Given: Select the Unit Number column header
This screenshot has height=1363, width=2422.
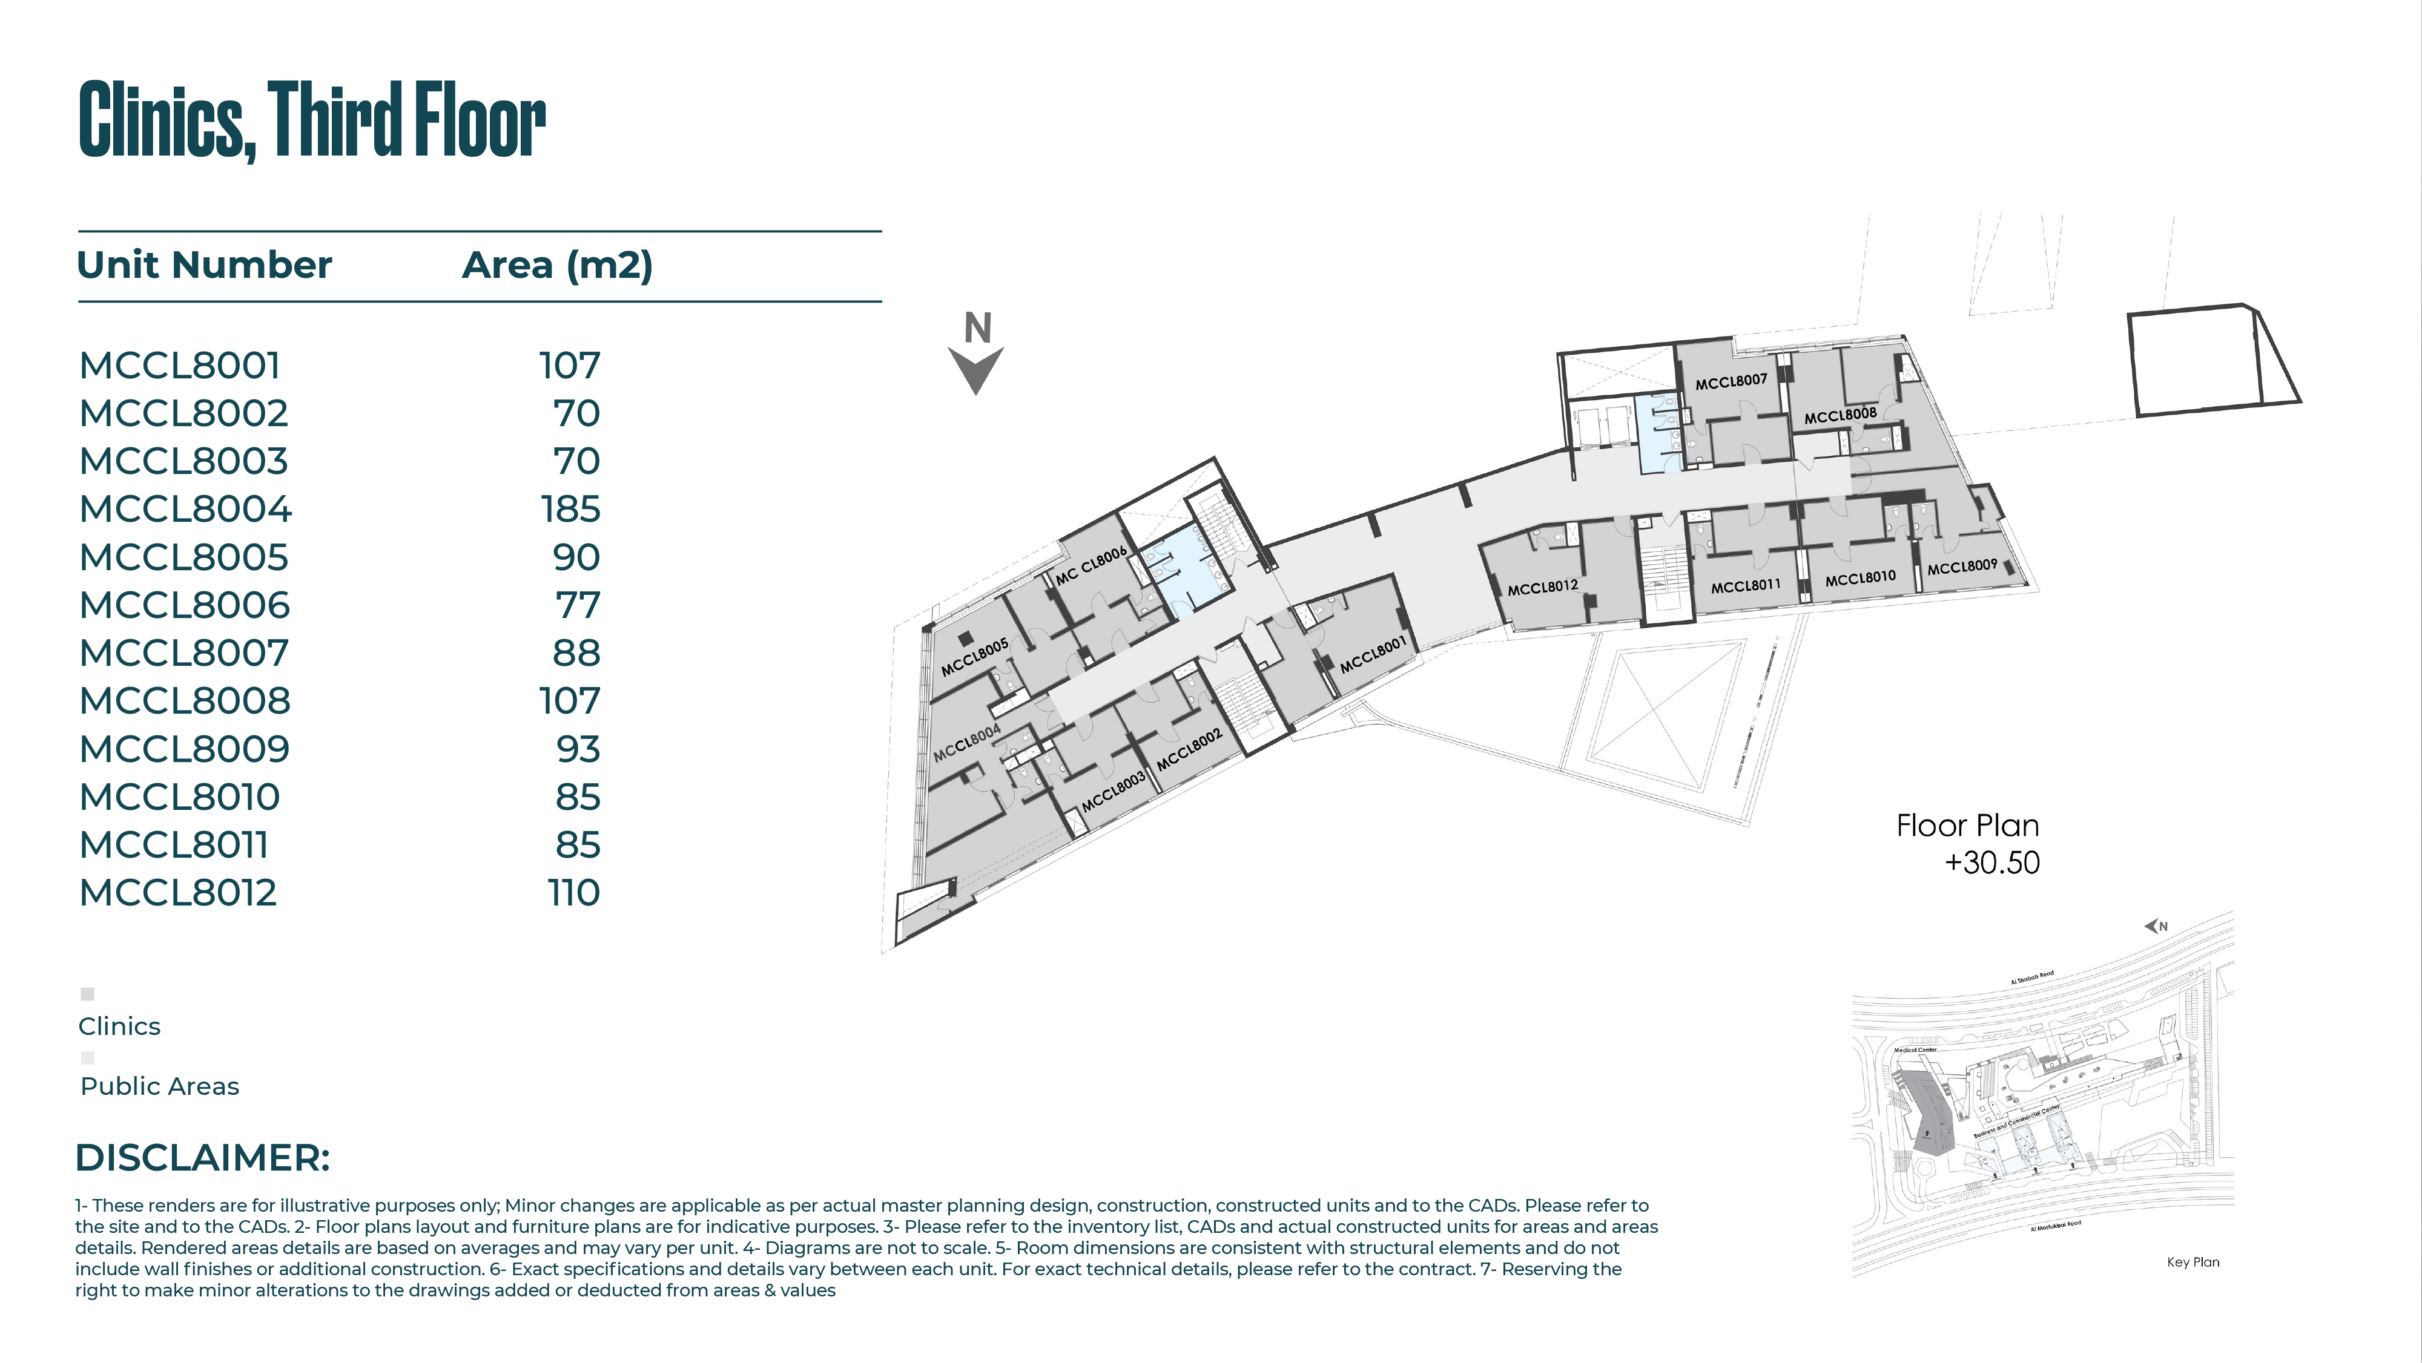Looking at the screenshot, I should coord(204,265).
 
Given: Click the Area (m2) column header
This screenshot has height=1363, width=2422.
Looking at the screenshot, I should coord(556,265).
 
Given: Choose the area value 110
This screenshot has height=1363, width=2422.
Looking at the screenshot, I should coord(573,893).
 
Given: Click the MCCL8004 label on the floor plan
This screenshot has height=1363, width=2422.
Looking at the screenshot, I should coord(966,743).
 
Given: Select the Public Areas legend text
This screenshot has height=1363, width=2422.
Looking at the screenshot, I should coord(160,1086).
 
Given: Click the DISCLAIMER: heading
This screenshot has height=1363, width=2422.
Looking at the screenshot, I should coord(202,1158).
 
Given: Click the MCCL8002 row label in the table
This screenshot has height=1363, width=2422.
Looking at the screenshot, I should coord(183,413).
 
